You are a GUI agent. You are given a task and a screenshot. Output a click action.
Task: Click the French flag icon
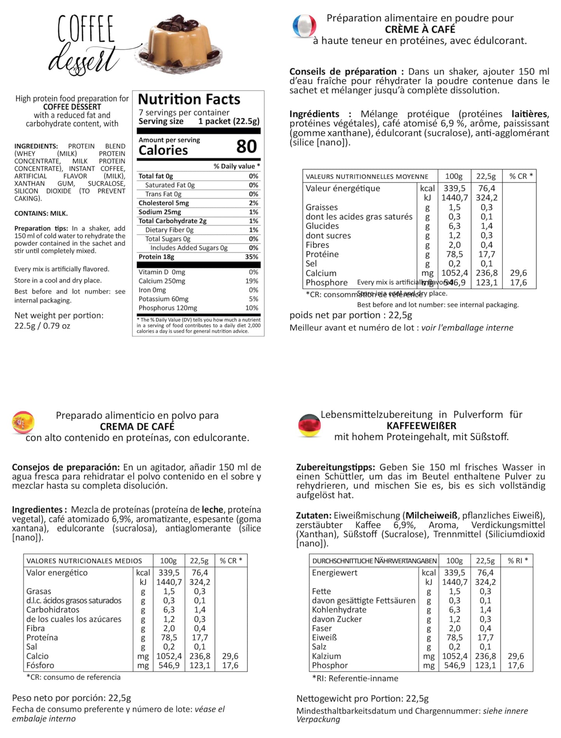pos(304,26)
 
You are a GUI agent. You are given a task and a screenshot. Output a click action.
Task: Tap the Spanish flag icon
pos(23,423)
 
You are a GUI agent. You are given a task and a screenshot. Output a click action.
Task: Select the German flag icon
pos(309,425)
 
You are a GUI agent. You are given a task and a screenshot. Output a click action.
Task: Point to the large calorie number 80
pos(247,147)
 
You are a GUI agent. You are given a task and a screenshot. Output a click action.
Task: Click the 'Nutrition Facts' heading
pos(189,99)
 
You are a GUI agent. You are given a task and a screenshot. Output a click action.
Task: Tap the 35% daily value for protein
pos(252,257)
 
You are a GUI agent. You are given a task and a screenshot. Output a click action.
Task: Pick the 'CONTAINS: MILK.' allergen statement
pos(41,214)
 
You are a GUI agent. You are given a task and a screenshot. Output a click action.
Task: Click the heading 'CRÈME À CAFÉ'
pos(420,30)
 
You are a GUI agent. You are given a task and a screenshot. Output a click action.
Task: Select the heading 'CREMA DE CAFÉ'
pos(137,427)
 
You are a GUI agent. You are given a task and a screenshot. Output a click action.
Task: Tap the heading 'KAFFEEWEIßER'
pos(421,426)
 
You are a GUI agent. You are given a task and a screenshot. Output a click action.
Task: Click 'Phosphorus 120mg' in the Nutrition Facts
pos(168,308)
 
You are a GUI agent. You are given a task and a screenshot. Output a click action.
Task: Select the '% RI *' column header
pos(518,561)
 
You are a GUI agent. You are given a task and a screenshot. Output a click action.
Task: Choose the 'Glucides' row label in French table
pos(322,226)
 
